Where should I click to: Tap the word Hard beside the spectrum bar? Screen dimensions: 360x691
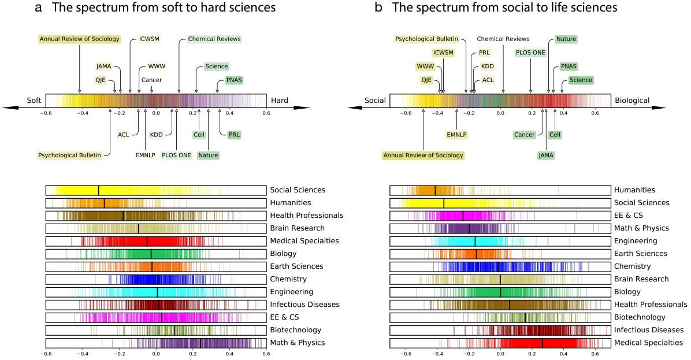(276, 101)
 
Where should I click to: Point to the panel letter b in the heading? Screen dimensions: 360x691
(379, 8)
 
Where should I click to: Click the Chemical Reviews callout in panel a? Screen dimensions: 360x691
(214, 39)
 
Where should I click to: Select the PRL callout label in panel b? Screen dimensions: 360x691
(484, 53)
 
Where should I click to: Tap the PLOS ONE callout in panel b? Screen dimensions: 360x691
(530, 53)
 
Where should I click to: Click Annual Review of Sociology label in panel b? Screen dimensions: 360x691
(423, 155)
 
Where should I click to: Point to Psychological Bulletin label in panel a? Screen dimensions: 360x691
(73, 155)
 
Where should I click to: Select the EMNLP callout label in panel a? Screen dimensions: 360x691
(146, 155)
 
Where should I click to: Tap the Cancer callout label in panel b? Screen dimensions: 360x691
(524, 135)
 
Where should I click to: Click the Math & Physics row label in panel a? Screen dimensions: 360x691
(297, 343)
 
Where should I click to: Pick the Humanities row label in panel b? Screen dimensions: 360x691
(634, 190)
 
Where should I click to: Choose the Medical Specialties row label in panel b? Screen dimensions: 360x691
(649, 343)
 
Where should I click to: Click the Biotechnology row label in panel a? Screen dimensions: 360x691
(296, 330)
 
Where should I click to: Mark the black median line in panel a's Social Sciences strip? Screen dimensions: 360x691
(98, 190)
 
